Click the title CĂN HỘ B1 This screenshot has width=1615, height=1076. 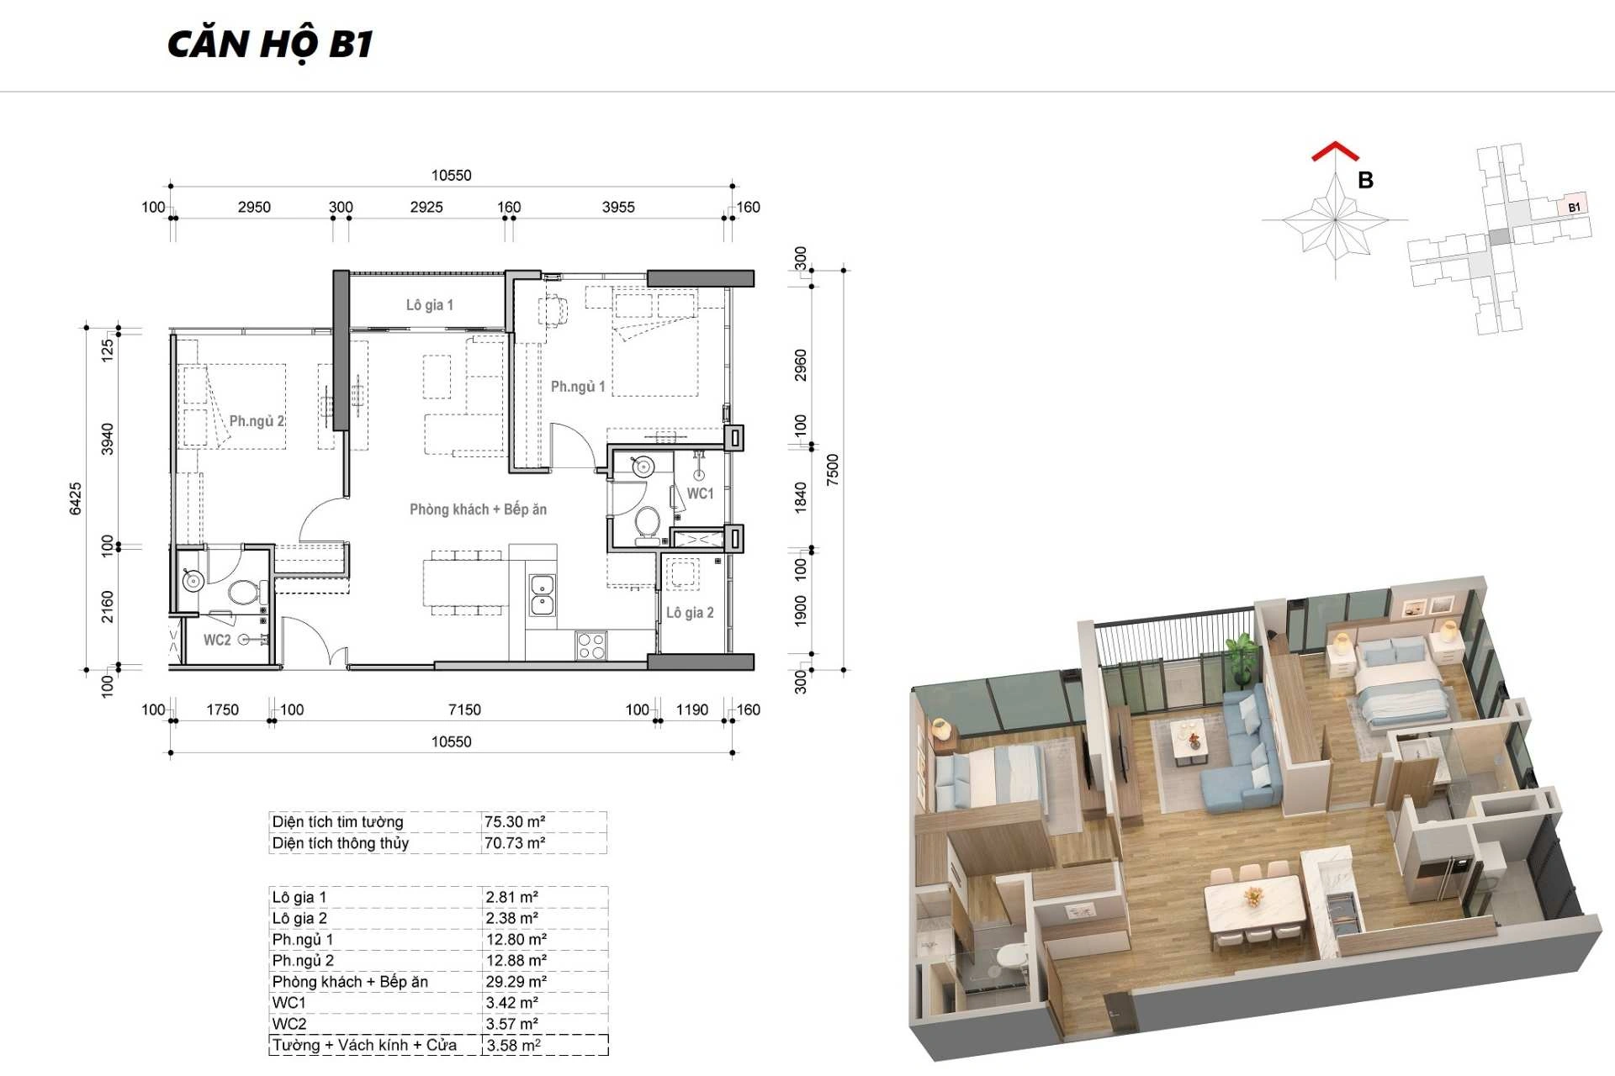[x=270, y=44]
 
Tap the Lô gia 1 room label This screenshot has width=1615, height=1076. [x=430, y=305]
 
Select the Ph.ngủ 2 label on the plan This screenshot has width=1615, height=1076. [x=257, y=421]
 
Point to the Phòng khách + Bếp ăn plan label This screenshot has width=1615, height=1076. [x=478, y=509]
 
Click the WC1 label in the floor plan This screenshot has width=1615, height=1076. [x=700, y=493]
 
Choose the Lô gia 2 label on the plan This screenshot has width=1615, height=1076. [x=690, y=613]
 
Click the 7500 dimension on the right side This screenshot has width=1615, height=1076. [x=833, y=470]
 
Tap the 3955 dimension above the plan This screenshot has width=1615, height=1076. [x=618, y=207]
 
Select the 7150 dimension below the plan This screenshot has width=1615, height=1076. [x=464, y=709]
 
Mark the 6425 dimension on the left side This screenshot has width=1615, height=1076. [x=76, y=498]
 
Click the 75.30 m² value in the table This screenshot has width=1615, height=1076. [x=515, y=821]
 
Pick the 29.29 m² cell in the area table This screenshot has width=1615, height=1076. [x=516, y=981]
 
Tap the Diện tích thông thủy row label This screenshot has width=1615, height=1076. [x=341, y=842]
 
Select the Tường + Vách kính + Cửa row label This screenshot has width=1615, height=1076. [x=364, y=1045]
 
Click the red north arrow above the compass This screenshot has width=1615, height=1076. [x=1335, y=151]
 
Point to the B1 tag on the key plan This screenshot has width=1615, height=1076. [x=1574, y=207]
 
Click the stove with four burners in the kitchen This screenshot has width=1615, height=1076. [x=591, y=646]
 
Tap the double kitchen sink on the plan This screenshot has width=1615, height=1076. [x=542, y=594]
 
